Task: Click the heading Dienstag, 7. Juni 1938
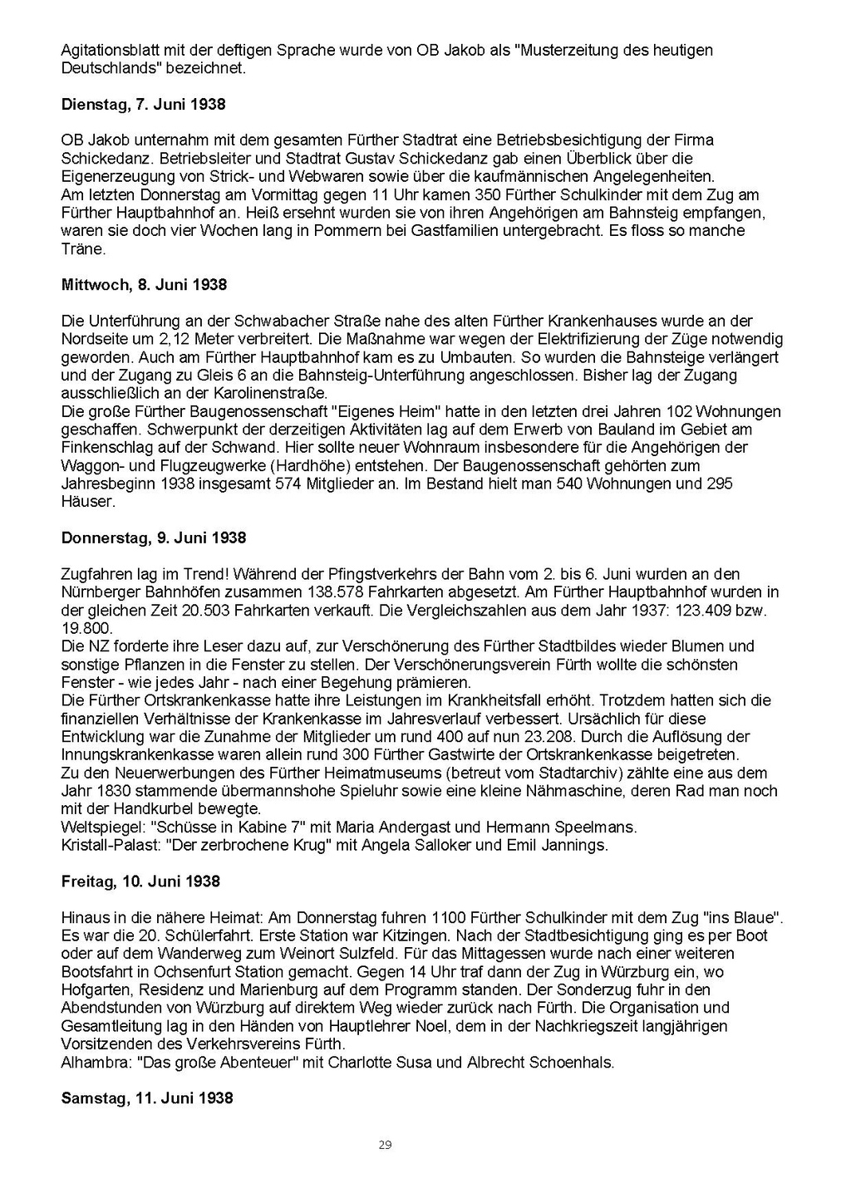[143, 105]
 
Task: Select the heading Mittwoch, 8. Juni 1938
[144, 285]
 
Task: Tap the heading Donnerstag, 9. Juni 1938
[154, 538]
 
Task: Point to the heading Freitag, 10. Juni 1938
[140, 881]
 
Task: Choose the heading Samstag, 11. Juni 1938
[147, 1098]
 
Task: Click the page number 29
[385, 1145]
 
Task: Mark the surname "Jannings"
[577, 846]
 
